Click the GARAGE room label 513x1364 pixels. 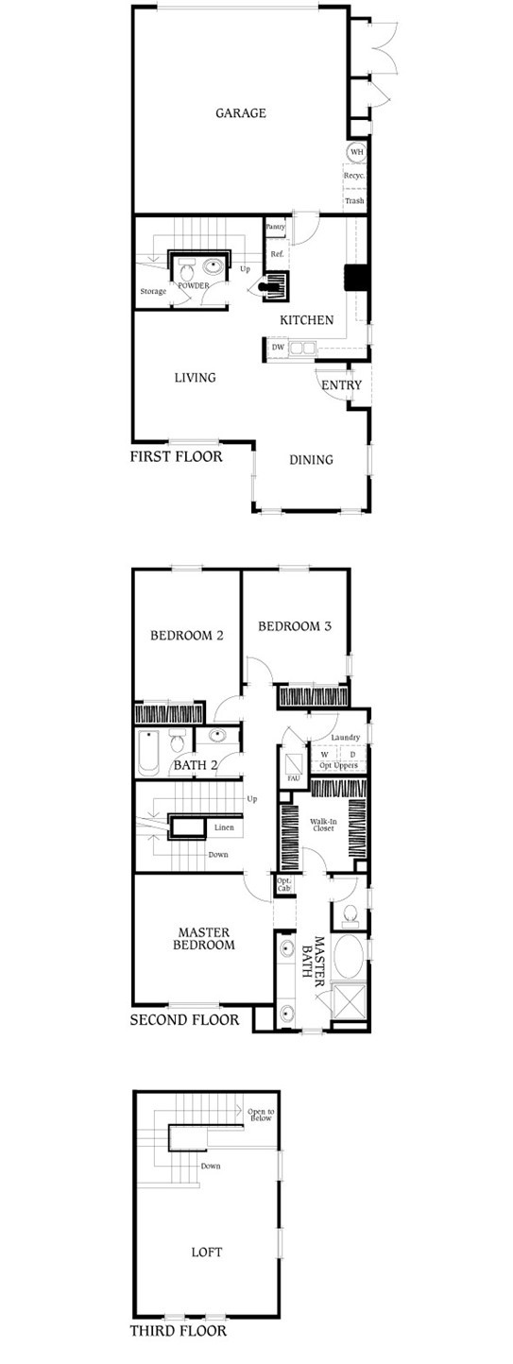[240, 113]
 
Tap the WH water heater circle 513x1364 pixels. [355, 152]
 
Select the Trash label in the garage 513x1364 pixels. [354, 200]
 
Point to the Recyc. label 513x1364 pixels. [354, 176]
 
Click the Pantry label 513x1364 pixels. [276, 228]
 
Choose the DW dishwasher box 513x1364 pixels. [278, 348]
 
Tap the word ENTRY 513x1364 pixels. [341, 385]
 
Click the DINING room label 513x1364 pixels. [311, 460]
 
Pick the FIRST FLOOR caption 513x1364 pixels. [176, 457]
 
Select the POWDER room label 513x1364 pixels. [194, 284]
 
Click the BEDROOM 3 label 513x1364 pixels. [295, 625]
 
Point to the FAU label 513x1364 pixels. [293, 777]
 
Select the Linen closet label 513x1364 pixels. [224, 827]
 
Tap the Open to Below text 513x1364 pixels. [260, 1115]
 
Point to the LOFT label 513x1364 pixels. [206, 1253]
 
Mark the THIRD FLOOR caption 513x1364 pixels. [179, 1332]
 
